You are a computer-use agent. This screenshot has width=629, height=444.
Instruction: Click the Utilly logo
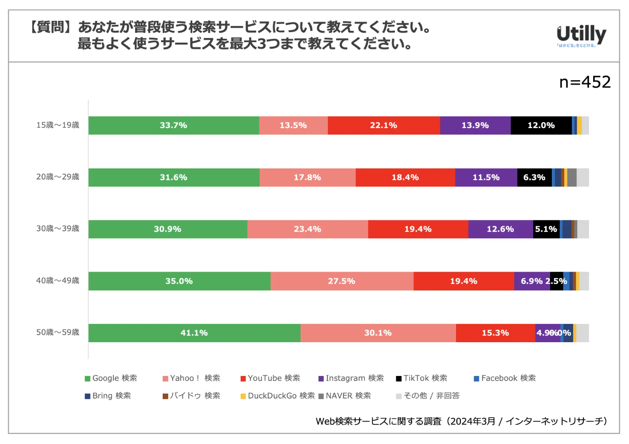tap(581, 35)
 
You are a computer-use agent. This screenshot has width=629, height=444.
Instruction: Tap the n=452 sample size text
tap(585, 82)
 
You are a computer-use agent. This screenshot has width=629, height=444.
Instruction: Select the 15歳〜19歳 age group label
tap(58, 125)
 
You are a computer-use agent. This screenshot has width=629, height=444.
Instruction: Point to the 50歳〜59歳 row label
tap(58, 333)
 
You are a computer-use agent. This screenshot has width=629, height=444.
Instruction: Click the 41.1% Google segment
tap(194, 333)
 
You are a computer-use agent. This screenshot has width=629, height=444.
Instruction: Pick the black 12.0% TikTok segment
tap(541, 126)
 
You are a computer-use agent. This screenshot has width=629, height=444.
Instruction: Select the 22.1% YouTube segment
tap(383, 126)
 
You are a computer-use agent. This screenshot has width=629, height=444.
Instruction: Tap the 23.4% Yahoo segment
tap(307, 229)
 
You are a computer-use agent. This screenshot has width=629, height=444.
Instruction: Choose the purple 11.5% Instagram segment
tap(486, 177)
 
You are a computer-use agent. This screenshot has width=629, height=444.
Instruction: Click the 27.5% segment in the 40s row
tap(342, 281)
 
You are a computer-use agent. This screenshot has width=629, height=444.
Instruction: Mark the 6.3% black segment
tap(534, 177)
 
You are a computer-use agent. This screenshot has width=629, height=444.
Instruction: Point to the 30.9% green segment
tap(168, 229)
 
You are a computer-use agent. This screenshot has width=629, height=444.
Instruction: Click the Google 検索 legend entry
tap(111, 378)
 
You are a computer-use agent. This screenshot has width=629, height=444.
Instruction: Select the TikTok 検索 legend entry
tap(422, 378)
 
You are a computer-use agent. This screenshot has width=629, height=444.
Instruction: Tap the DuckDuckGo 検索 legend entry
tap(278, 396)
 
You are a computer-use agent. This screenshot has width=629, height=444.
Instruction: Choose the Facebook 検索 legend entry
tap(505, 378)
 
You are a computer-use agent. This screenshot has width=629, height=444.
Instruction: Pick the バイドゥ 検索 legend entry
tap(191, 396)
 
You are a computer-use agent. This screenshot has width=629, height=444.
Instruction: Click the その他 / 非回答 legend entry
tap(428, 396)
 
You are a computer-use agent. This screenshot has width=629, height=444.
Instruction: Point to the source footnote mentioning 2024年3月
tap(461, 421)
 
